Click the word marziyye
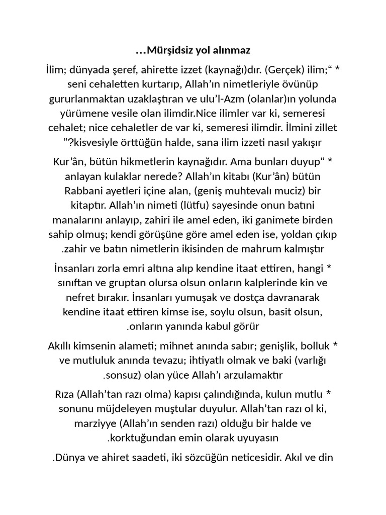(x=93, y=424)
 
